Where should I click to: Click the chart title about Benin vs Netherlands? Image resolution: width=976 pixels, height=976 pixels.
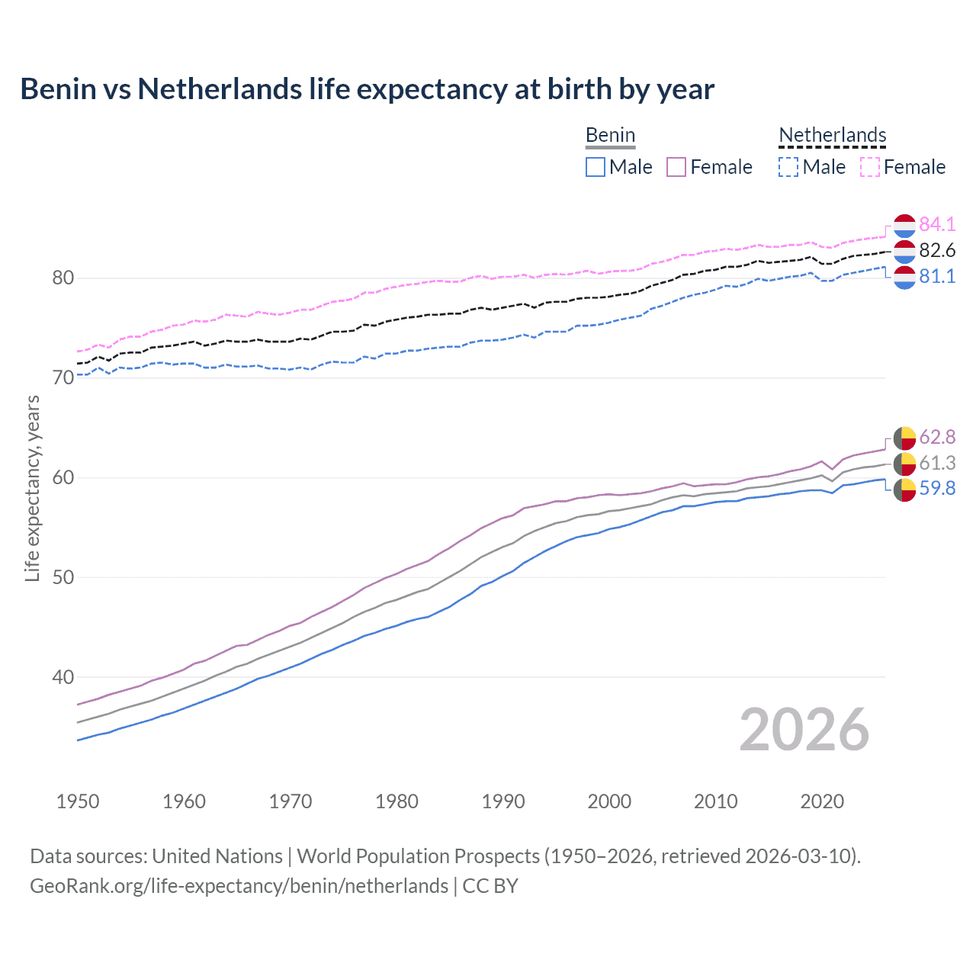[367, 89]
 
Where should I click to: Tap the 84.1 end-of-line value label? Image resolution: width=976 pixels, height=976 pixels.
[937, 224]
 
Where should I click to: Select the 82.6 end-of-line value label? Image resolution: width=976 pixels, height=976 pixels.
[937, 250]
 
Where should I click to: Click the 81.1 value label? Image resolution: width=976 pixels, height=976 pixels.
[937, 276]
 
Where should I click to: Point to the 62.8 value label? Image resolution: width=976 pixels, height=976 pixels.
[937, 437]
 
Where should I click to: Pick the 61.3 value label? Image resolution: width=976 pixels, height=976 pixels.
[937, 463]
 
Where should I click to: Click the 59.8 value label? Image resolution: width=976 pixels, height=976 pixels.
[937, 488]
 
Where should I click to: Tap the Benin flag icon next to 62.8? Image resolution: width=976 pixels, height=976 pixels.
[904, 438]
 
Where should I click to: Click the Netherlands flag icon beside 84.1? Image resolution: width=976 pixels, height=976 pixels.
[904, 226]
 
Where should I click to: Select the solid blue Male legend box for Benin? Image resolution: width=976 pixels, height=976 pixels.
[596, 167]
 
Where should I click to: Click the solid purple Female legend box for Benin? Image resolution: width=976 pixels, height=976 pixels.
[676, 167]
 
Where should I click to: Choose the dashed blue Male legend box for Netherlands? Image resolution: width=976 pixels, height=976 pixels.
[788, 167]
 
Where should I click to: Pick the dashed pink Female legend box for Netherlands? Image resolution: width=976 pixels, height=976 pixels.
[870, 167]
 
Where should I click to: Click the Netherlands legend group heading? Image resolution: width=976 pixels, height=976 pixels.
[832, 135]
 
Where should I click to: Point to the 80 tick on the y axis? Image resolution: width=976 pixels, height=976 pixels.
[63, 278]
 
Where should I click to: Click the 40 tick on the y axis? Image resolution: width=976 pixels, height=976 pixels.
[63, 677]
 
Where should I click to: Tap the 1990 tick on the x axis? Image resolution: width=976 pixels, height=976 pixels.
[503, 801]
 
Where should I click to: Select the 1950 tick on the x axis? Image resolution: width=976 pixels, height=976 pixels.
[78, 801]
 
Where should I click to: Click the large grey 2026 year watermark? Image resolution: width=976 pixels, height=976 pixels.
[804, 730]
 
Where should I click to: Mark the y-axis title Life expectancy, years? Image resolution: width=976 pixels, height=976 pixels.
[32, 488]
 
